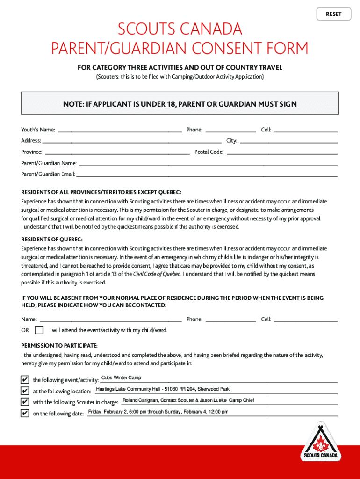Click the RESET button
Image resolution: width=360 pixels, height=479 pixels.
coord(333,14)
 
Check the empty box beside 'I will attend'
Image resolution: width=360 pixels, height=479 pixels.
coord(39,330)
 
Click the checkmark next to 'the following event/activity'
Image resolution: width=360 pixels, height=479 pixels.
coord(24,379)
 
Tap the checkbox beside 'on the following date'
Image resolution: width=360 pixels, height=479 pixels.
coord(24,413)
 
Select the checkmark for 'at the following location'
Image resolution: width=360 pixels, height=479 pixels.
coord(24,391)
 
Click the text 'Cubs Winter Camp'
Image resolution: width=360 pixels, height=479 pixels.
coord(121,378)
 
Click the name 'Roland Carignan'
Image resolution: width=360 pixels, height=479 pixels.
coord(140,400)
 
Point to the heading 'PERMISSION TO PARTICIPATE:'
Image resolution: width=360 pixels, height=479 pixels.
coord(59,346)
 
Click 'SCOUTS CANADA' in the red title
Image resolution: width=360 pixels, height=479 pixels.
coord(180,29)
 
